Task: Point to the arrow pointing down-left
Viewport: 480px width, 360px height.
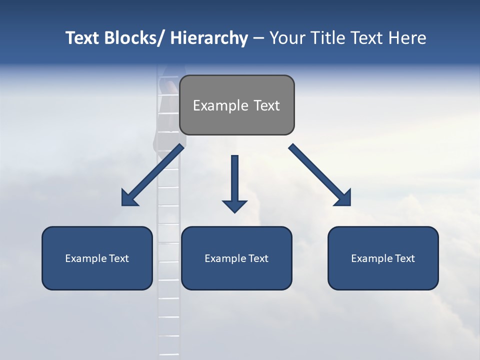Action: pyautogui.click(x=152, y=175)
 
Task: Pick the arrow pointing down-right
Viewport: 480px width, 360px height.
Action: pyautogui.click(x=320, y=175)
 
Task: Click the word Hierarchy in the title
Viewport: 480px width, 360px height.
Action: pyautogui.click(x=209, y=38)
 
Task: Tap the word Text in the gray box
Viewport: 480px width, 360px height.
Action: pyautogui.click(x=266, y=105)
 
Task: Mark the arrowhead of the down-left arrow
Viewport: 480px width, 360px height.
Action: pyautogui.click(x=129, y=198)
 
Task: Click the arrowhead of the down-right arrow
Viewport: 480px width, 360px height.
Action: pyautogui.click(x=343, y=198)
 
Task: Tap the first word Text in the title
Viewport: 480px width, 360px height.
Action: pyautogui.click(x=83, y=38)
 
